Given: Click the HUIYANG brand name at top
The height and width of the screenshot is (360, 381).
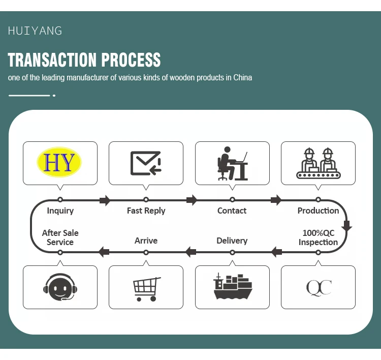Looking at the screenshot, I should tap(35, 31).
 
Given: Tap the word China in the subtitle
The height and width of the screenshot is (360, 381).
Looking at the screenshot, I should tap(243, 78).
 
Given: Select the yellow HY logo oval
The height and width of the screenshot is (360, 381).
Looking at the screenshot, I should tap(59, 162).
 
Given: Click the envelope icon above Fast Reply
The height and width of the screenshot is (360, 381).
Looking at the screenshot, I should tap(146, 163).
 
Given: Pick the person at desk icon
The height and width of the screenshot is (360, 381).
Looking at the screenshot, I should tap(232, 163).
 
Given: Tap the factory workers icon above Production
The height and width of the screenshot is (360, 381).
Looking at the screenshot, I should tap(318, 163).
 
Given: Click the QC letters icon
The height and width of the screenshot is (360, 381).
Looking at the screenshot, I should tap(319, 288).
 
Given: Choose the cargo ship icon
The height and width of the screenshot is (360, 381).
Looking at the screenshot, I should tap(233, 287).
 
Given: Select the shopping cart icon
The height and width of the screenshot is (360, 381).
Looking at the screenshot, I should tap(146, 288).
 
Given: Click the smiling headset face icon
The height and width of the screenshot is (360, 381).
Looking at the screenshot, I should tap(60, 288).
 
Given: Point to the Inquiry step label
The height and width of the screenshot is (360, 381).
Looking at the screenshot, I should tap(60, 211).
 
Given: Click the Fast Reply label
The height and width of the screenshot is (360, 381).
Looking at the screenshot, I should tap(146, 211).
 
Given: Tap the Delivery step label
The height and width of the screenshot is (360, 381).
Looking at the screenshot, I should tap(232, 241).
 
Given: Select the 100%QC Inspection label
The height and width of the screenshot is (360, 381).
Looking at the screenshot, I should tap(319, 237).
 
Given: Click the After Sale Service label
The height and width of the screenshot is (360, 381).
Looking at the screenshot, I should tap(60, 237).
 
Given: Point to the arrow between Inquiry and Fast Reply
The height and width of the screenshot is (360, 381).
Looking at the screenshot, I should tap(105, 200).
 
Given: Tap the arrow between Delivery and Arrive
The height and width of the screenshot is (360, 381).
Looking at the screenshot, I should tap(190, 251).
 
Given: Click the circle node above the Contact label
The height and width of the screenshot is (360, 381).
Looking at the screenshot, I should tap(232, 200).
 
